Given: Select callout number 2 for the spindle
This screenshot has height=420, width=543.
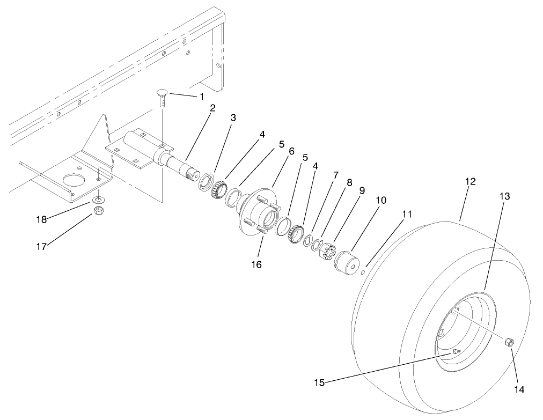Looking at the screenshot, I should [213, 108].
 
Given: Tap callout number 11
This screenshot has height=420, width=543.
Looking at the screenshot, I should [407, 214].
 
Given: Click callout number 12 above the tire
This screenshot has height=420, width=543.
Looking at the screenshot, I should [470, 182].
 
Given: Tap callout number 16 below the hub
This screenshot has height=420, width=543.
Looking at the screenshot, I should [256, 264].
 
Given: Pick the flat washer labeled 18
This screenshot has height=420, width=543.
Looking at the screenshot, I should [99, 200].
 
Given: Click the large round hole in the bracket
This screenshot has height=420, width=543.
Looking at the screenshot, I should [71, 180].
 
